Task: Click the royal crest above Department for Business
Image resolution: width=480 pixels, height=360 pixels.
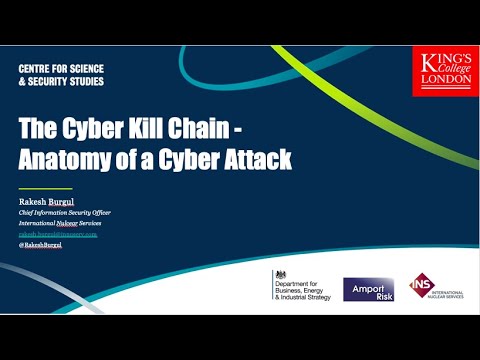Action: (x=280, y=273)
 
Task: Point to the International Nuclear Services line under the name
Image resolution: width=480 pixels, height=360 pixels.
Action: (x=66, y=222)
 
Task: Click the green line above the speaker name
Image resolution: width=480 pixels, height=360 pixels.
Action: (x=46, y=188)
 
